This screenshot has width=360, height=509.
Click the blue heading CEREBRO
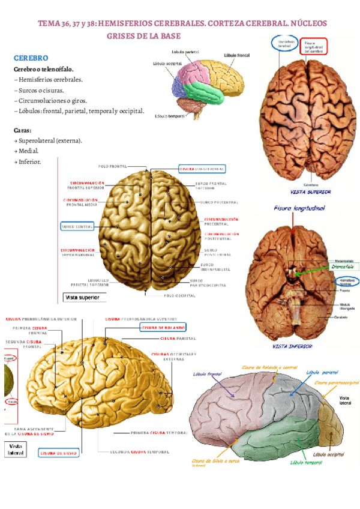click(x=30, y=58)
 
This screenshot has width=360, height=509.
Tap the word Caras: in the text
click(x=23, y=130)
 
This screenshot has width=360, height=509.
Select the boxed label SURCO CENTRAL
click(x=77, y=227)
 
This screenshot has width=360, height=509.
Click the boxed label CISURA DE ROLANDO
click(x=163, y=327)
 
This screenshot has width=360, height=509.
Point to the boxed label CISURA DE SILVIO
click(x=59, y=453)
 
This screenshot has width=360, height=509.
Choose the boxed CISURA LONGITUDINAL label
click(x=202, y=169)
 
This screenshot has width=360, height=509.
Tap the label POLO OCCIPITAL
click(x=180, y=295)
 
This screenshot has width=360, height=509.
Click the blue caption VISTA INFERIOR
click(x=292, y=346)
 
